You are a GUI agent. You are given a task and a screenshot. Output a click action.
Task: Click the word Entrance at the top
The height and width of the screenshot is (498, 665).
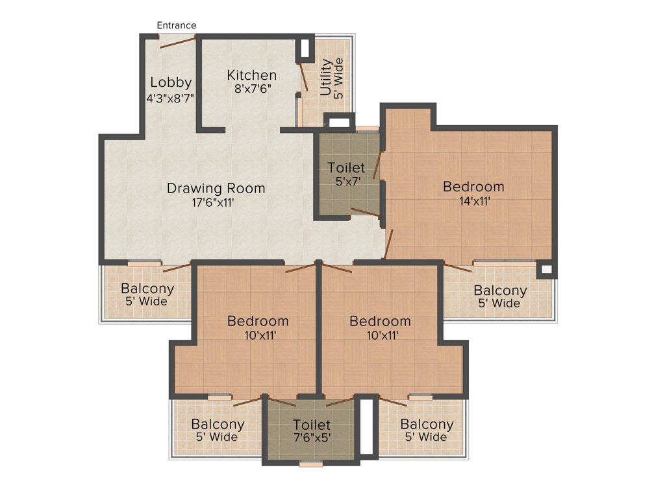(x=177, y=25)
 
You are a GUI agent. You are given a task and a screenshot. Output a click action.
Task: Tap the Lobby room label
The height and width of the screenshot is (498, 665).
(x=171, y=82)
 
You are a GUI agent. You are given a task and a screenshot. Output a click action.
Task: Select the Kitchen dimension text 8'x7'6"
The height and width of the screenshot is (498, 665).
(x=252, y=89)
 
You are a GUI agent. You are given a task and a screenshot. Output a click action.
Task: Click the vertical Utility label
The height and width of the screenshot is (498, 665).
(x=326, y=77)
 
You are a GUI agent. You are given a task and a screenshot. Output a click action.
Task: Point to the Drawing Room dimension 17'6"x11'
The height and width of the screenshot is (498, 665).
(x=216, y=202)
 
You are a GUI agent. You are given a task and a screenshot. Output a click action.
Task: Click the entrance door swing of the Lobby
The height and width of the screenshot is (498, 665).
(x=179, y=41)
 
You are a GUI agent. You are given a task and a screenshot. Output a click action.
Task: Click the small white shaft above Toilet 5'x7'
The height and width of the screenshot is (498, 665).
(x=338, y=121)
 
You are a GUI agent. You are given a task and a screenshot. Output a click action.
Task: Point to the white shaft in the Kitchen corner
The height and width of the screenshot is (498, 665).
(x=303, y=49)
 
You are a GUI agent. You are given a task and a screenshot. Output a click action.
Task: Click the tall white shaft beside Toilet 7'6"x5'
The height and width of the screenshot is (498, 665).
(x=366, y=426)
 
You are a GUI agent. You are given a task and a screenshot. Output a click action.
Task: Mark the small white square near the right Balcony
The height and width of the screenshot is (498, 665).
(x=546, y=269)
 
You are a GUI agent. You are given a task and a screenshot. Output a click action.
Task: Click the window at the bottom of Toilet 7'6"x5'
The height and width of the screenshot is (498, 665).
(x=312, y=464)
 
